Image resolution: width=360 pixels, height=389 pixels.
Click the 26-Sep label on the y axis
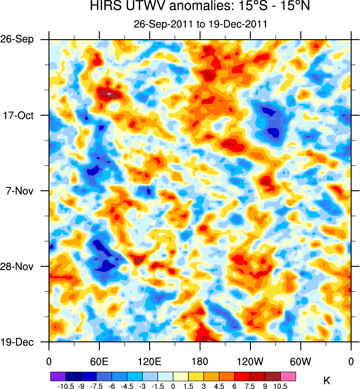point(18,39)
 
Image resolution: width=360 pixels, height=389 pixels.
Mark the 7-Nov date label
point(19,191)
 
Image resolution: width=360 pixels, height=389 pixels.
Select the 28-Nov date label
point(18,266)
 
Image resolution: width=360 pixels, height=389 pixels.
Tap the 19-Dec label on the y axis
point(18,342)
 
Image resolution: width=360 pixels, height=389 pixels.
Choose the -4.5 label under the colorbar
point(126,386)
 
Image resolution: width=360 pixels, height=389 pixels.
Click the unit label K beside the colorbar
point(327,381)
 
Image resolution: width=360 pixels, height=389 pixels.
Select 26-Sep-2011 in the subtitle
point(159,24)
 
